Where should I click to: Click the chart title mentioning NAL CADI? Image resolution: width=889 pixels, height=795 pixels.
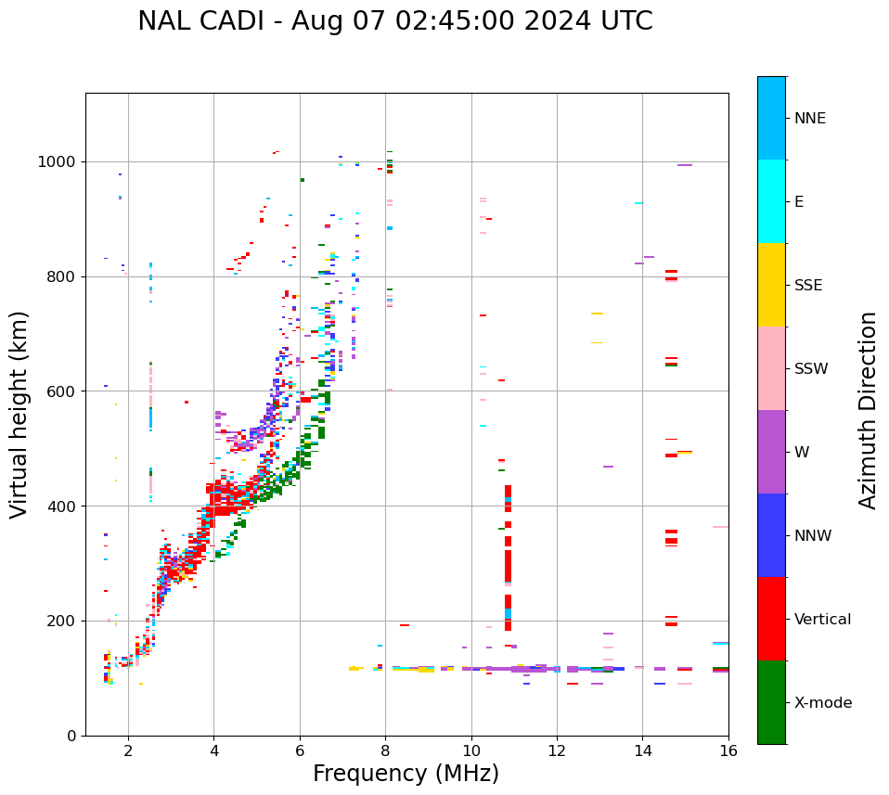(x=394, y=21)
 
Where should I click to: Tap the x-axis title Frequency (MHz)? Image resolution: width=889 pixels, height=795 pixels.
(x=406, y=774)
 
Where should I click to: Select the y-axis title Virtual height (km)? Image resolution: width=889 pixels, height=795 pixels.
(x=19, y=414)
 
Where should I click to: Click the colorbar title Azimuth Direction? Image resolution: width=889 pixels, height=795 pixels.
(x=868, y=410)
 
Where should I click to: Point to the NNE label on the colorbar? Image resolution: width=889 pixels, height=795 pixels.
(x=809, y=119)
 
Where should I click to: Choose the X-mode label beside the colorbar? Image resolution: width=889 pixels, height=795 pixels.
(x=822, y=703)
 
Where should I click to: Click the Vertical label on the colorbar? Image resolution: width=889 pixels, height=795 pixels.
(x=822, y=620)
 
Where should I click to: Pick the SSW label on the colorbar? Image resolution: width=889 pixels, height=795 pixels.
(x=811, y=369)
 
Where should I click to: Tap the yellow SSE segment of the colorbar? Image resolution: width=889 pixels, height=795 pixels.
(x=771, y=285)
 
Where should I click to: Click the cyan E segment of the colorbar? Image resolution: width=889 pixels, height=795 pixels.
(x=771, y=201)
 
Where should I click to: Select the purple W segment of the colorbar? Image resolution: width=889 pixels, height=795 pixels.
(x=771, y=452)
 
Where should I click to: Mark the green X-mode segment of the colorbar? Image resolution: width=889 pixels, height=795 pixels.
(x=771, y=702)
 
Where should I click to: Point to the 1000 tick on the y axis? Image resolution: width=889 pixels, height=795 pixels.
(x=58, y=162)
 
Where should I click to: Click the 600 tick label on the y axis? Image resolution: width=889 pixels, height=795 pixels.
(x=63, y=391)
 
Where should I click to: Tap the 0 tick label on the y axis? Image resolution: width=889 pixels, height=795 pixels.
(x=72, y=736)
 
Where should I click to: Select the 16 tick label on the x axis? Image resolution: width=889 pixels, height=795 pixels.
(x=728, y=751)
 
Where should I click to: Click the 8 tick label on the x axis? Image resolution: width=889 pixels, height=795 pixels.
(x=385, y=751)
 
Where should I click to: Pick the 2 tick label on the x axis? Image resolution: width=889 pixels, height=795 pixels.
(x=128, y=751)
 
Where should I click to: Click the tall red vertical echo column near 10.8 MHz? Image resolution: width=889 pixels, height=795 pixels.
(x=508, y=297)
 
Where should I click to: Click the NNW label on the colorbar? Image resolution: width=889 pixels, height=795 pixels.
(x=813, y=536)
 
